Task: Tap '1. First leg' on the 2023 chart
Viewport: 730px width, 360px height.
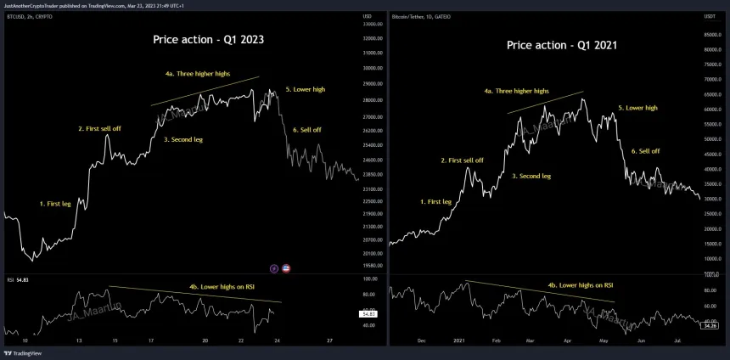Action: [56, 204]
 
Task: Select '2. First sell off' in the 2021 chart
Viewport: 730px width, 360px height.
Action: [462, 160]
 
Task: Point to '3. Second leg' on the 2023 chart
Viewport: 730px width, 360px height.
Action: [182, 138]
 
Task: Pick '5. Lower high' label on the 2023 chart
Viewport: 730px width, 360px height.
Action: [306, 89]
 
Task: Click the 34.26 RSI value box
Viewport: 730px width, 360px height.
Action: [710, 325]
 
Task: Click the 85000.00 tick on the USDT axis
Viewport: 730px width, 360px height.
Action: [713, 35]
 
